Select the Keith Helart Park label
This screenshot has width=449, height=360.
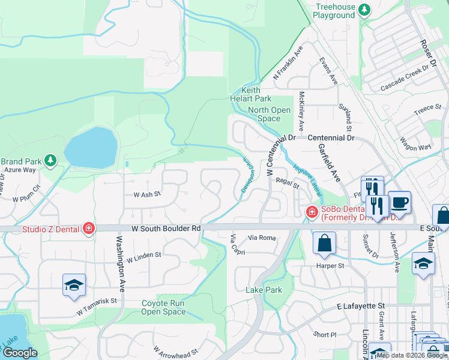[x=251, y=94]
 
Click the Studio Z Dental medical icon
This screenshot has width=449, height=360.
[x=88, y=228]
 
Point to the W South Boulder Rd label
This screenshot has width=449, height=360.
[x=167, y=229]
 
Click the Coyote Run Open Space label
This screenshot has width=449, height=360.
[x=163, y=307]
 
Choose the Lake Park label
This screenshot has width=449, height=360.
[x=264, y=290]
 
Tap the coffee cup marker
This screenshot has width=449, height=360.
[x=399, y=202]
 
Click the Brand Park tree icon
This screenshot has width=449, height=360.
[x=51, y=160]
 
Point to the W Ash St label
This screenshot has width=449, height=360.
[x=148, y=194]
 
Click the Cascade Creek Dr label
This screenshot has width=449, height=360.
[x=406, y=83]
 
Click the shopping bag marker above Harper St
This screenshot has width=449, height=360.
[x=324, y=243]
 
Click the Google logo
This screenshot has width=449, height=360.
[x=20, y=353]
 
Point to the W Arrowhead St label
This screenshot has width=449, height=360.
[x=175, y=352]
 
